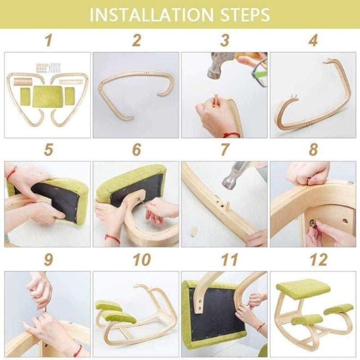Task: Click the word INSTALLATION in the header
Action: click(152, 15)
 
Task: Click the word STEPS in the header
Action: click(245, 15)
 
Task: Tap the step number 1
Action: click(48, 40)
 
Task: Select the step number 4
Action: click(313, 40)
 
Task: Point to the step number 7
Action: click(225, 149)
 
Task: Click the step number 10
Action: click(142, 260)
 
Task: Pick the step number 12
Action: click(319, 260)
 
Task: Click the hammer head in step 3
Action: click(217, 65)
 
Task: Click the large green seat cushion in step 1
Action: click(48, 96)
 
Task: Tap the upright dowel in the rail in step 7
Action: click(228, 207)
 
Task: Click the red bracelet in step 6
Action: click(112, 239)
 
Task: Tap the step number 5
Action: click(48, 149)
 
